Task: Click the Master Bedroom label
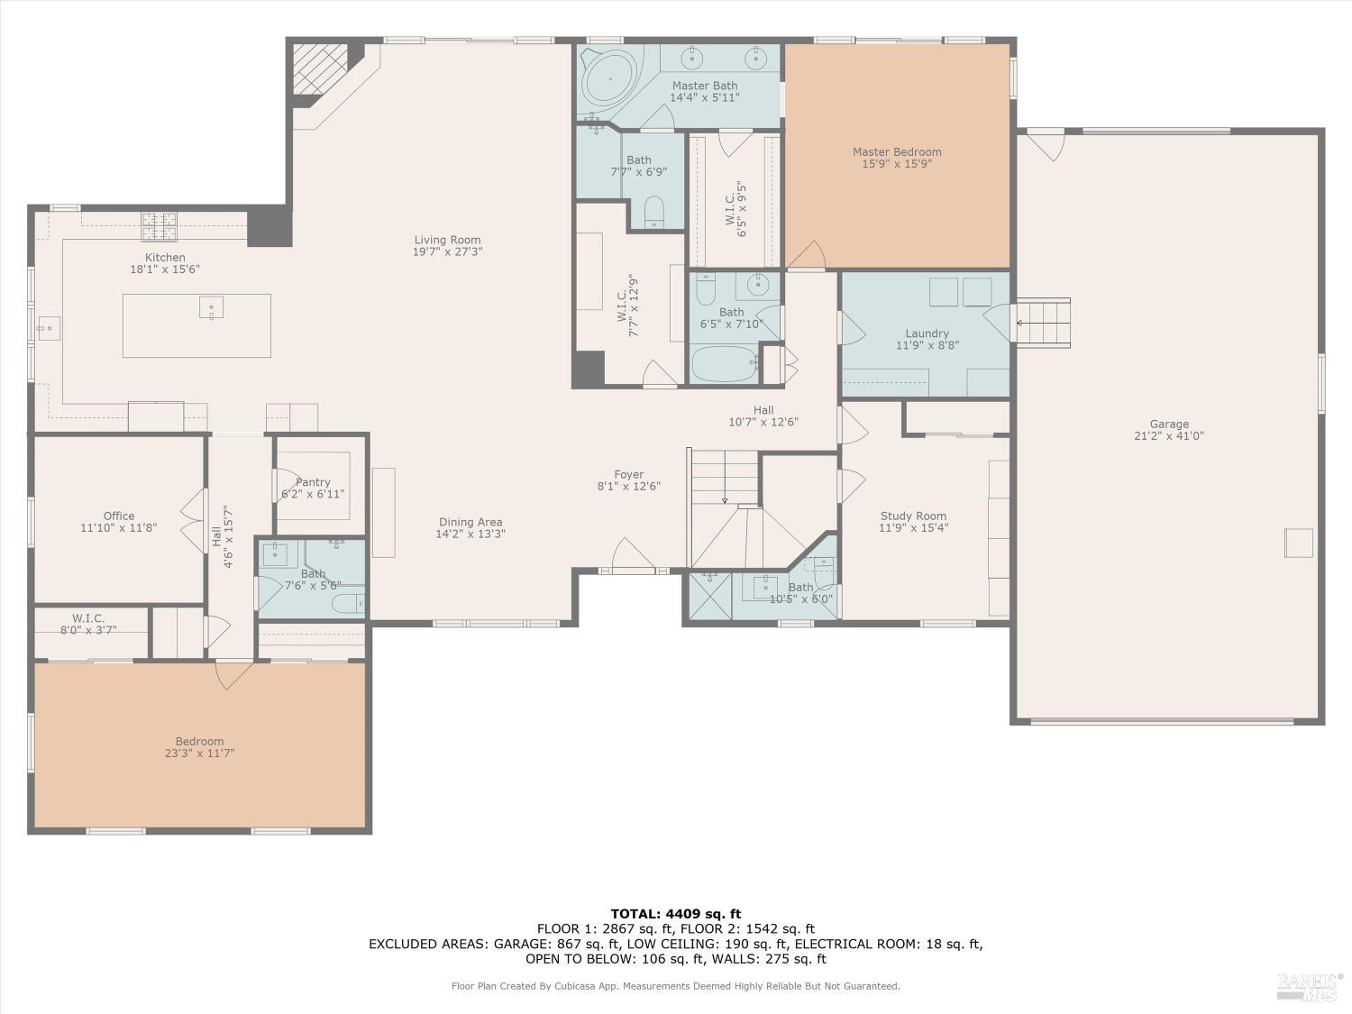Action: pos(897,151)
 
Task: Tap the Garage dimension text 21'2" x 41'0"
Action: pos(1168,436)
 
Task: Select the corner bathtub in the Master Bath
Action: pos(609,79)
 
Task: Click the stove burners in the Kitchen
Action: pos(159,226)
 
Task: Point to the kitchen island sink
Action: pos(211,307)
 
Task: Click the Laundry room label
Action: pos(927,333)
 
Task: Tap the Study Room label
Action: pos(913,516)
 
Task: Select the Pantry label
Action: pos(313,482)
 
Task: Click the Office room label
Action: pos(118,516)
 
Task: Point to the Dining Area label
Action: pos(470,522)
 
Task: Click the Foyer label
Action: pos(628,474)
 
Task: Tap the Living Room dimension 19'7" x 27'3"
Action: pos(447,252)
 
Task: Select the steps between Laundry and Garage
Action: pos(1043,322)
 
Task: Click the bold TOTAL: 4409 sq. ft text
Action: pos(675,914)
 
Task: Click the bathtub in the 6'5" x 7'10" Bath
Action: pos(725,365)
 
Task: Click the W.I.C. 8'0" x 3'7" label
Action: pos(88,618)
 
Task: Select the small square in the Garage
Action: pos(1298,543)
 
